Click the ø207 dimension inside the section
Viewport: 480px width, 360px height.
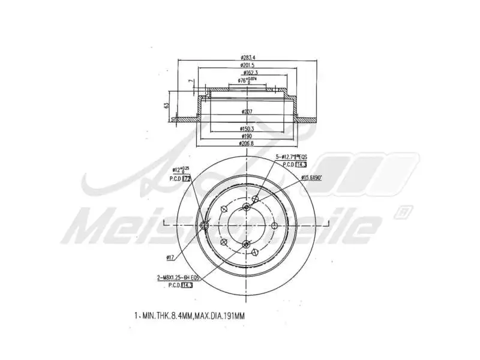point(247,112)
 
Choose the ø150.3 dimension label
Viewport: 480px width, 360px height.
point(247,128)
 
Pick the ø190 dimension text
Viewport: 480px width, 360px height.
point(247,136)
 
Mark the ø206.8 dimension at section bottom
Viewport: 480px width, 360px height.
point(247,144)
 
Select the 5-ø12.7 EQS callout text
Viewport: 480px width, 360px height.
point(291,156)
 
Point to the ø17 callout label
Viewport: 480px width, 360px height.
point(170,257)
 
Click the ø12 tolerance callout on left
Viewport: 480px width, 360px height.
point(181,170)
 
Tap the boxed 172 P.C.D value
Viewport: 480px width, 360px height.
point(186,178)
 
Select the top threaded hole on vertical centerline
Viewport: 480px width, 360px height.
point(247,207)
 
